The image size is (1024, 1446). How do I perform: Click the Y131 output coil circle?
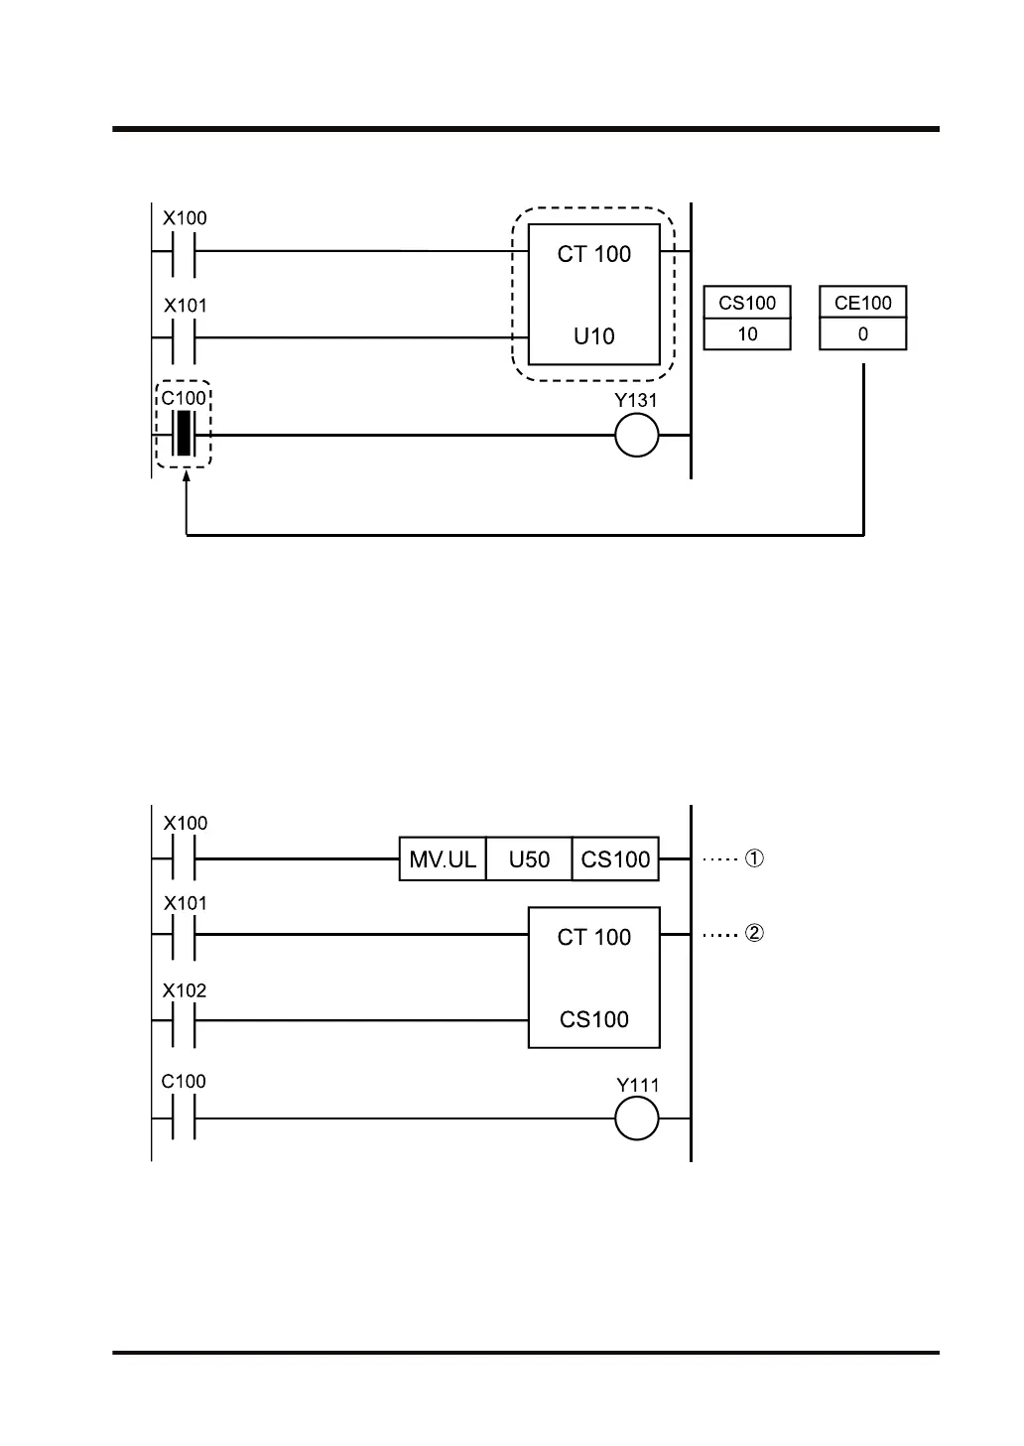click(636, 435)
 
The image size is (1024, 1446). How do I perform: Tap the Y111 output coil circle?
click(636, 1118)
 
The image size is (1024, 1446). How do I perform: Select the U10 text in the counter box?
click(593, 336)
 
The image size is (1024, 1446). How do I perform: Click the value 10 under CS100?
click(747, 334)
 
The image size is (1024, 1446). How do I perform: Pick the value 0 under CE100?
click(862, 334)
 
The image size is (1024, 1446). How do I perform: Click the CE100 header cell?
click(862, 303)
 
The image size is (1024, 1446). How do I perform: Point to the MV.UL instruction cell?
click(443, 859)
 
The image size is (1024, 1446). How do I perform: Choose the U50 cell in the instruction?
click(529, 859)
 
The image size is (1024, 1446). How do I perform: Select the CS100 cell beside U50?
click(615, 859)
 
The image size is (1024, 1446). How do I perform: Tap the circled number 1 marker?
click(754, 858)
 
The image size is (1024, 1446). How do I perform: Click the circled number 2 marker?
click(754, 934)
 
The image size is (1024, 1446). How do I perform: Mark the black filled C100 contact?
click(183, 435)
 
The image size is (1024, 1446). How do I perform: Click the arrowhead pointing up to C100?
click(187, 479)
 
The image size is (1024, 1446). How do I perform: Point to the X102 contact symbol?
click(183, 1020)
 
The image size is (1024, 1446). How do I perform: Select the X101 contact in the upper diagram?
click(183, 337)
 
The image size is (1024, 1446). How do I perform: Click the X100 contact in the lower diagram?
click(183, 858)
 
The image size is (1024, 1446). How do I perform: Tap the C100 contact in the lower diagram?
click(183, 1118)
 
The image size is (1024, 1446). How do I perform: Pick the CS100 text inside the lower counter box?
click(593, 1019)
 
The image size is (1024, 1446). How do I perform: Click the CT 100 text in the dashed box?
click(593, 254)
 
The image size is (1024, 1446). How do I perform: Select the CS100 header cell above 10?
click(747, 303)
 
